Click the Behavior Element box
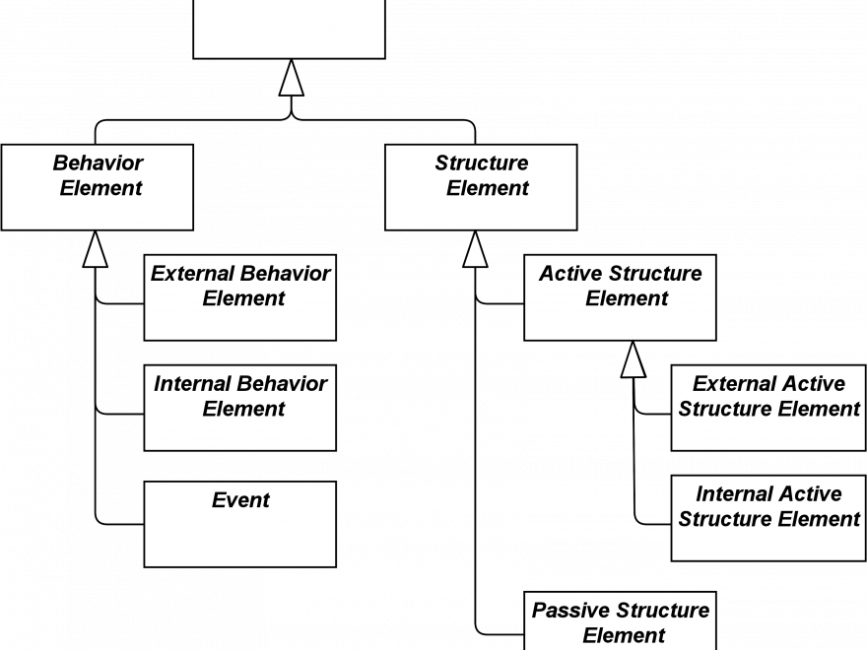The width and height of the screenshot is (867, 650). click(x=98, y=187)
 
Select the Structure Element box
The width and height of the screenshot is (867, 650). click(x=481, y=187)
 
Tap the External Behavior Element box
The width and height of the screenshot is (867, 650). click(x=240, y=297)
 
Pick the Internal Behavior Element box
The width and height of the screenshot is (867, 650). click(x=240, y=408)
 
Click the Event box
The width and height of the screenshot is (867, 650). click(x=240, y=524)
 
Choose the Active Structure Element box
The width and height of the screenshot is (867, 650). click(x=620, y=297)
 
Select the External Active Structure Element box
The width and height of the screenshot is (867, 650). click(x=768, y=408)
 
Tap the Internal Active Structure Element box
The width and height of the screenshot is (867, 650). click(x=768, y=518)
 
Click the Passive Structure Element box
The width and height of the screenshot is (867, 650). click(x=620, y=621)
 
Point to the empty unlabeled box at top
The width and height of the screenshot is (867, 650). click(x=290, y=29)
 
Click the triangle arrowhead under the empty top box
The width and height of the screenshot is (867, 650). click(x=292, y=78)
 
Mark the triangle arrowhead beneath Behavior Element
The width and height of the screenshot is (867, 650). click(x=96, y=249)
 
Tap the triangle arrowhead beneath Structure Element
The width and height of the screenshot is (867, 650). click(x=475, y=249)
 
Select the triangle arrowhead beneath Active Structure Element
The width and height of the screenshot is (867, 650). click(x=634, y=359)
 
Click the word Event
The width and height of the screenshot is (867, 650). click(x=240, y=499)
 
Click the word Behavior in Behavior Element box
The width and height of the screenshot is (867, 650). click(x=98, y=162)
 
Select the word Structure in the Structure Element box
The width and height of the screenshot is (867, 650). click(x=482, y=162)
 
